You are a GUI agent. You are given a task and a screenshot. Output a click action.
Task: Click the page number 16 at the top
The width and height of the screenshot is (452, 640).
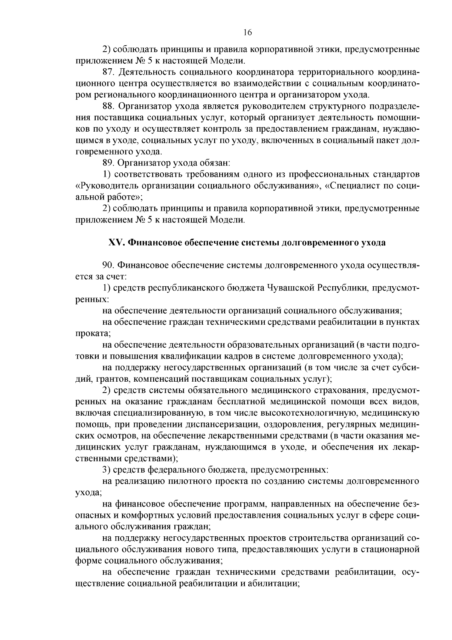(247, 32)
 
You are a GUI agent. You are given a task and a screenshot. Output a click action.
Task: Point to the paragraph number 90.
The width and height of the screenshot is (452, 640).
(108, 266)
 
